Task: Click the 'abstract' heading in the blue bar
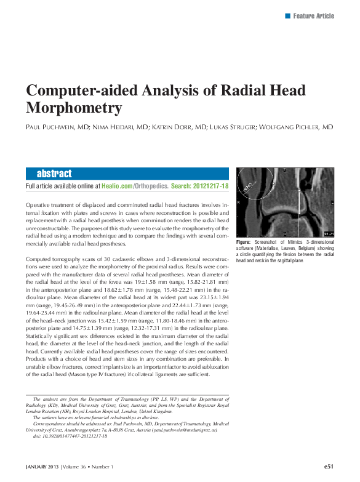(54, 174)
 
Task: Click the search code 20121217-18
(211, 185)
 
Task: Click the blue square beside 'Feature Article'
(287, 15)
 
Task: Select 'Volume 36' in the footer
(75, 468)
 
